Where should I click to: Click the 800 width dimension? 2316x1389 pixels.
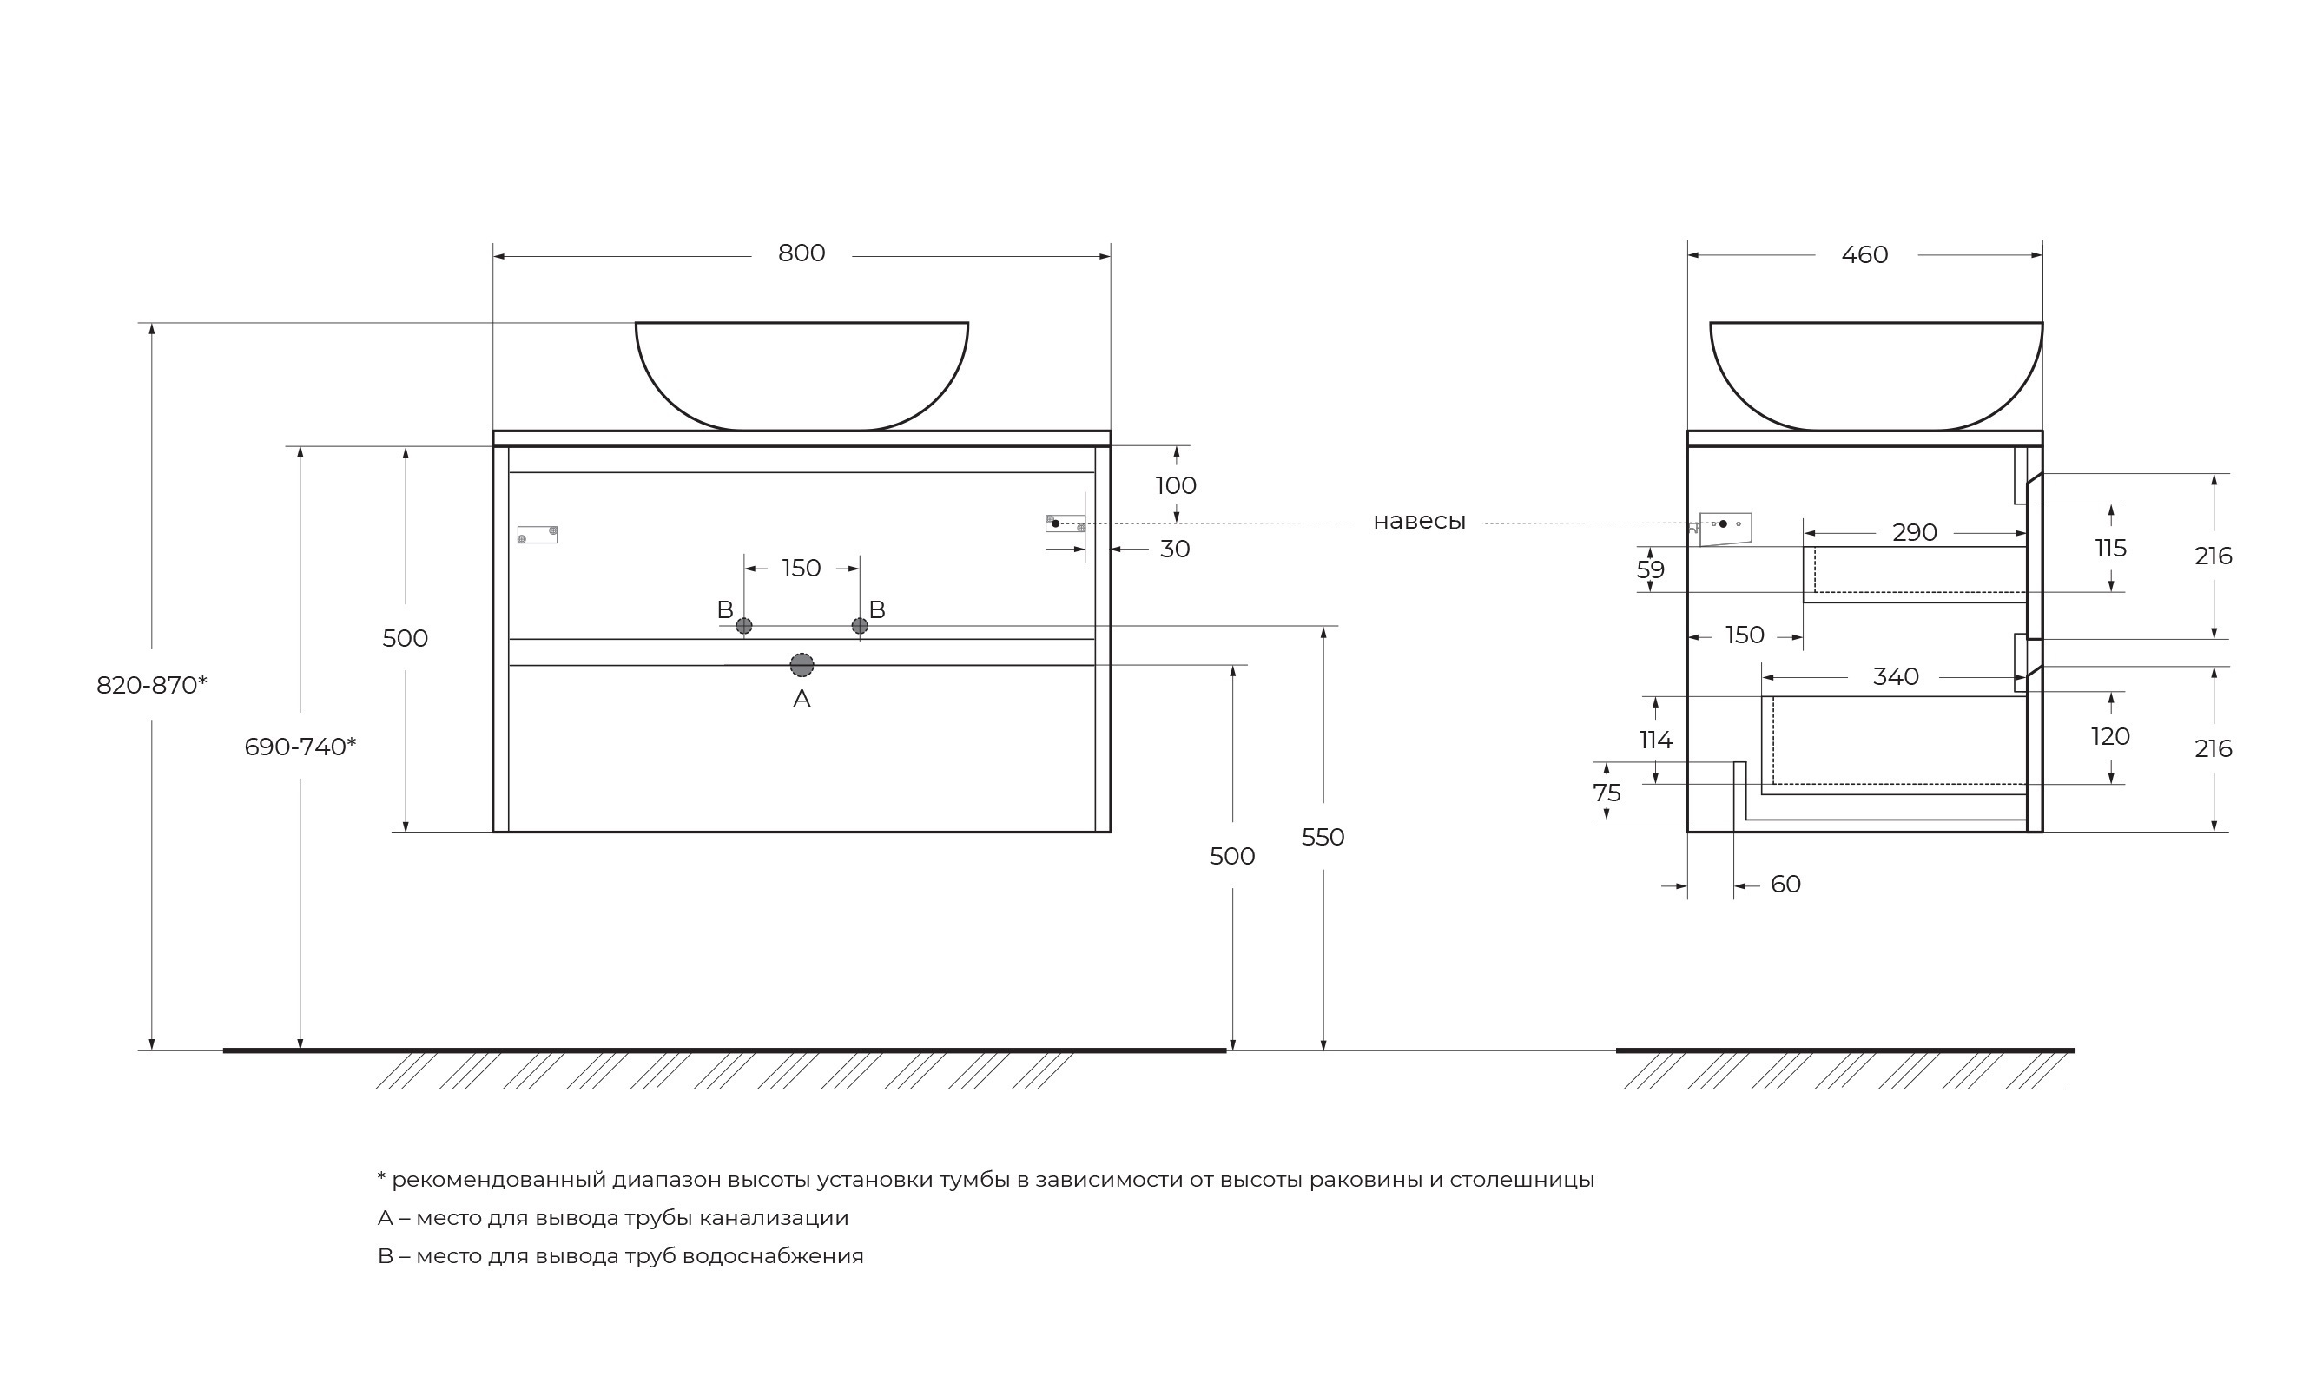(802, 253)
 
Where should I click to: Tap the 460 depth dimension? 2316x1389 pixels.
(1864, 254)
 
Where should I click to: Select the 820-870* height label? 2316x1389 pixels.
(152, 685)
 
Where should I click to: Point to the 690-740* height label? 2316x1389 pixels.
(300, 747)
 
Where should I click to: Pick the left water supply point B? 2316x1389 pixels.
(743, 626)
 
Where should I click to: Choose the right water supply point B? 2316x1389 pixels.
(860, 626)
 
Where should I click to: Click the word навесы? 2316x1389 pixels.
(1419, 523)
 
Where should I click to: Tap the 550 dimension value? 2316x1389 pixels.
(1323, 837)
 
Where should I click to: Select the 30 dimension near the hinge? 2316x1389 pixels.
(1175, 550)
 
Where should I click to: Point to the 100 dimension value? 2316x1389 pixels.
(1176, 486)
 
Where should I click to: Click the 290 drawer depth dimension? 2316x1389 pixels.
(1915, 532)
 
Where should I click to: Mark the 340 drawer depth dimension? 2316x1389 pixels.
(1896, 677)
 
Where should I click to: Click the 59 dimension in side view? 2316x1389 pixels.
(1651, 570)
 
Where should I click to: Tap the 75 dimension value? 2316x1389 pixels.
(1607, 793)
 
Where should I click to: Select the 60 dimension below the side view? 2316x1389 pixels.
(1785, 885)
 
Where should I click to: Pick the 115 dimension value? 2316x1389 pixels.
(2110, 549)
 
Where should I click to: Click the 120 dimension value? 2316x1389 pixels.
(2110, 737)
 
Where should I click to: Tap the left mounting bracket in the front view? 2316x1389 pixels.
(538, 535)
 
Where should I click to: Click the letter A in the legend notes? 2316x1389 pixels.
(385, 1218)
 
